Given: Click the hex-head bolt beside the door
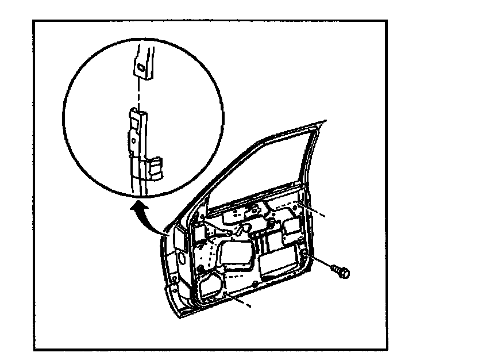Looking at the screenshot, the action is (x=341, y=271).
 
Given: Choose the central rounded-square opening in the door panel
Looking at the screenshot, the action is (x=235, y=255).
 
